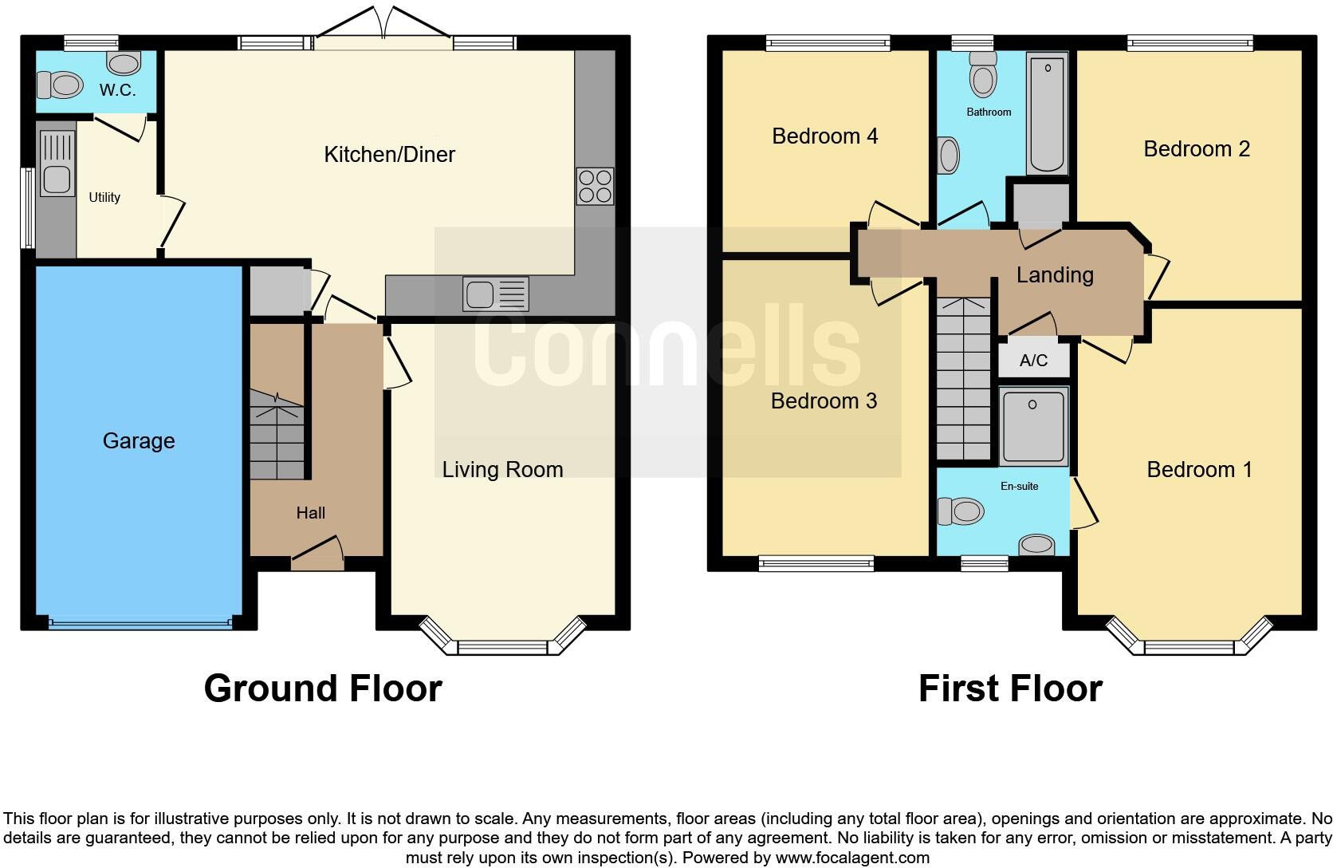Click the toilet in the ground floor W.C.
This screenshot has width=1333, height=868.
pos(60,85)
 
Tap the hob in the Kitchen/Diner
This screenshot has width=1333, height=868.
pos(595,187)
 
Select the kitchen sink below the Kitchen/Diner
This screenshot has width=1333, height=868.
pos(496,294)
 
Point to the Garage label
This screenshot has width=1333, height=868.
pos(139,440)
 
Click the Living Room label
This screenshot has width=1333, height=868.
pos(502,470)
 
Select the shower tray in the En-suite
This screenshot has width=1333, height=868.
pos(1034,426)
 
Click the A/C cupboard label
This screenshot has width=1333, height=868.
pos(1034,360)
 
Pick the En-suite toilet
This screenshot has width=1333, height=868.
pos(961,511)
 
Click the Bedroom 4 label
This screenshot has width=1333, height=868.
pos(825,136)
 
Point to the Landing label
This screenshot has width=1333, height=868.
pos(1055,275)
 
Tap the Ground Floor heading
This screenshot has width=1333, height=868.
pos(323,688)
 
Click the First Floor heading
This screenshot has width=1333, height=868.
pos(1010,688)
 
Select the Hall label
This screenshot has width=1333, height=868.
pos(311,513)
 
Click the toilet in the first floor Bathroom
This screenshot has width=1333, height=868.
pos(983,74)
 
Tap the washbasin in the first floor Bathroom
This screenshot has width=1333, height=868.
pos(949,156)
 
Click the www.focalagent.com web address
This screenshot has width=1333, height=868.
pos(852,858)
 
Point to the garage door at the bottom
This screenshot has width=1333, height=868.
pos(140,623)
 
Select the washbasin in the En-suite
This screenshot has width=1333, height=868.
pos(1036,545)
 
